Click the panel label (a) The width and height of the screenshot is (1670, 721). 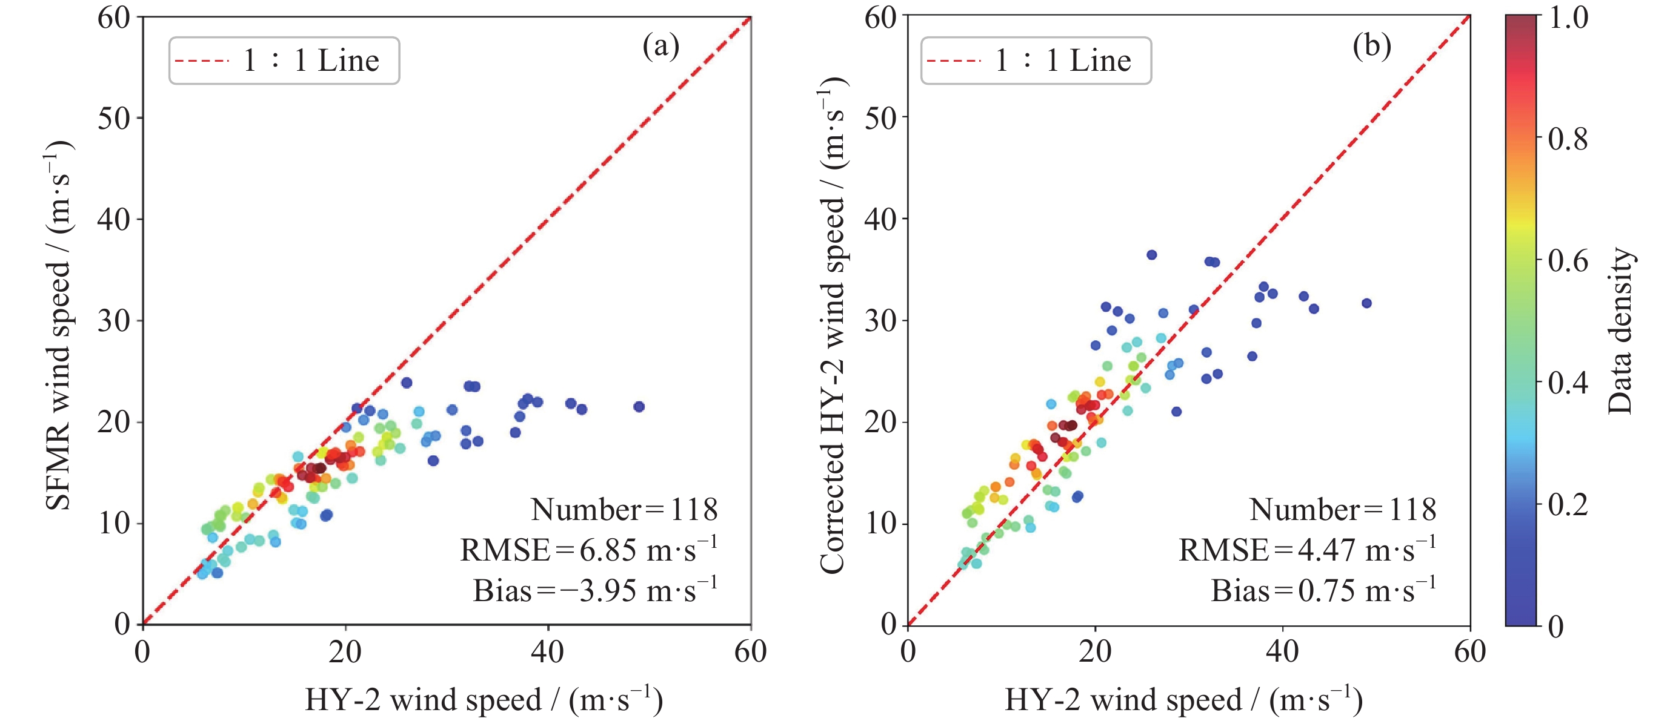[660, 45]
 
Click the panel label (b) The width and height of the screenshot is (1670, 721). [1371, 45]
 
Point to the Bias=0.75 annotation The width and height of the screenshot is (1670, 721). [1323, 590]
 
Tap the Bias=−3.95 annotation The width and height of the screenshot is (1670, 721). [594, 590]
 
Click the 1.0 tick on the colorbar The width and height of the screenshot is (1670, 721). [1568, 18]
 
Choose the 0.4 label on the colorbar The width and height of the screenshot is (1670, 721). [1568, 382]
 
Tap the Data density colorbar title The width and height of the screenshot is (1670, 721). [1620, 331]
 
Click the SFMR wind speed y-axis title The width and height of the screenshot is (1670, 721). [58, 324]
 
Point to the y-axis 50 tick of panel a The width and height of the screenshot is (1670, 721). [113, 118]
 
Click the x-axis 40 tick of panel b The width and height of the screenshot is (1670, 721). [1282, 651]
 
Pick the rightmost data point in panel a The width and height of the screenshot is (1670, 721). [639, 407]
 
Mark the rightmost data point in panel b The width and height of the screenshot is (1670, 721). [1366, 303]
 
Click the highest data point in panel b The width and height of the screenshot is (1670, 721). [1151, 255]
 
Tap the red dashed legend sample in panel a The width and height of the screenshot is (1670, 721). [202, 61]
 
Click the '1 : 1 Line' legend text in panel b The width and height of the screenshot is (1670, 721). [1063, 61]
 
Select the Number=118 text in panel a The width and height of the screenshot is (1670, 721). [624, 509]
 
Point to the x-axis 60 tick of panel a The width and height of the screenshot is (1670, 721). [750, 651]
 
